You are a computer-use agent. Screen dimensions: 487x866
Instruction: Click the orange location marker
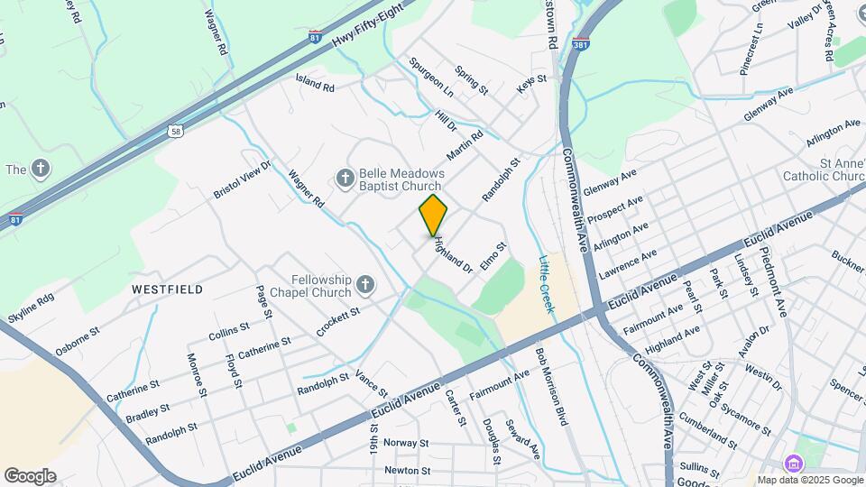[433, 215]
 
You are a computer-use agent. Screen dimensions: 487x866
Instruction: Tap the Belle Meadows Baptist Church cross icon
[344, 179]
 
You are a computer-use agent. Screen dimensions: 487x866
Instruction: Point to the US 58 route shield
[175, 132]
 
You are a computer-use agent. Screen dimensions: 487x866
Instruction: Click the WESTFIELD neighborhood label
[167, 289]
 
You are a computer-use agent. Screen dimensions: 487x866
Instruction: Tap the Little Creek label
[548, 284]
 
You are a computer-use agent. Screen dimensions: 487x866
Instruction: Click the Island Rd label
[315, 83]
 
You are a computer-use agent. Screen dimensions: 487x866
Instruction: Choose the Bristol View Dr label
[242, 180]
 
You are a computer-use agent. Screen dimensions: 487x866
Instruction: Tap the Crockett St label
[338, 322]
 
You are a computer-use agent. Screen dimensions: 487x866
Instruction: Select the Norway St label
[405, 443]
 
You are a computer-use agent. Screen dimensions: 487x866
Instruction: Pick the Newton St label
[407, 470]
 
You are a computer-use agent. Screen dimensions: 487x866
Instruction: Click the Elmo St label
[494, 254]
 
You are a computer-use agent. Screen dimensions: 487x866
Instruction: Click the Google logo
[30, 475]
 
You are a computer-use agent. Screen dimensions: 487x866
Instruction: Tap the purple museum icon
[793, 464]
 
